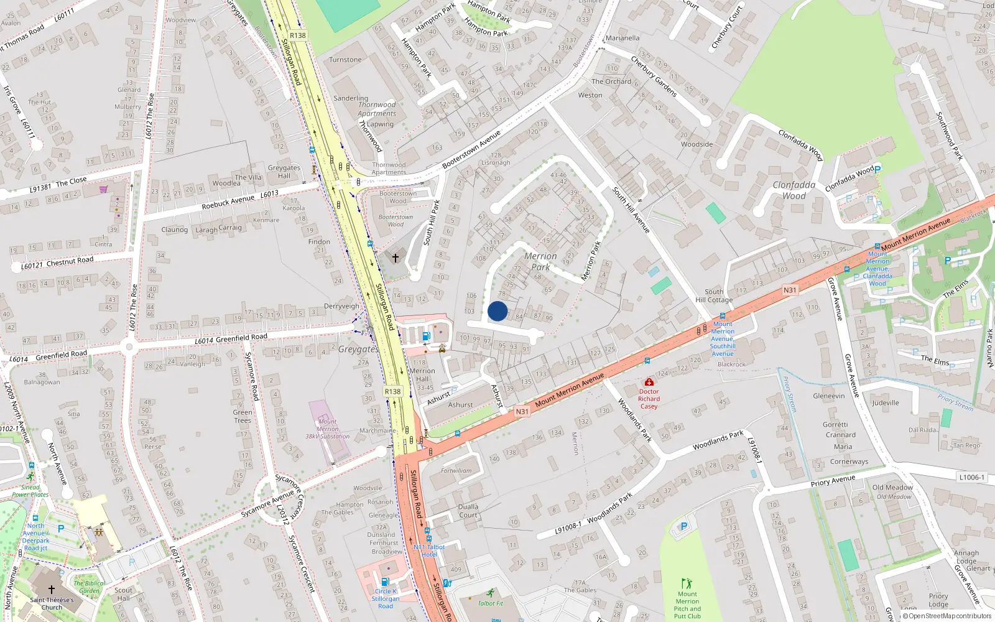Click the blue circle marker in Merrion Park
click(497, 311)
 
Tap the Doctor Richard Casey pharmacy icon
click(649, 382)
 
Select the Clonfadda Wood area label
click(794, 190)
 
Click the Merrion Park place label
click(540, 261)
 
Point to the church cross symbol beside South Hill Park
click(395, 258)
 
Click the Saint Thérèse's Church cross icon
click(52, 589)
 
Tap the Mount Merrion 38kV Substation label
click(327, 429)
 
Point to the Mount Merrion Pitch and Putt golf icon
click(687, 583)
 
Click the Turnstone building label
click(345, 60)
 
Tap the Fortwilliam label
click(456, 471)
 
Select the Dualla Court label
click(468, 511)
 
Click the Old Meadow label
click(892, 488)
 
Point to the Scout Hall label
click(123, 594)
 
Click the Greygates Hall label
click(284, 172)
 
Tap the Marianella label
click(622, 38)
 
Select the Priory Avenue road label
click(833, 481)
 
